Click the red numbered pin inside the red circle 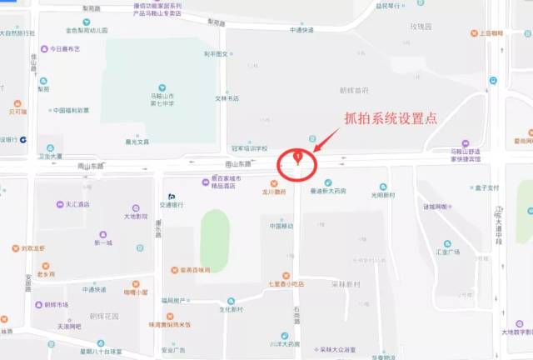pos(297,156)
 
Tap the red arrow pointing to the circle pos(326,142)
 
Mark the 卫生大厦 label pos(50,156)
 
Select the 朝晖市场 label pos(56,304)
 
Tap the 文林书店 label pos(227,98)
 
